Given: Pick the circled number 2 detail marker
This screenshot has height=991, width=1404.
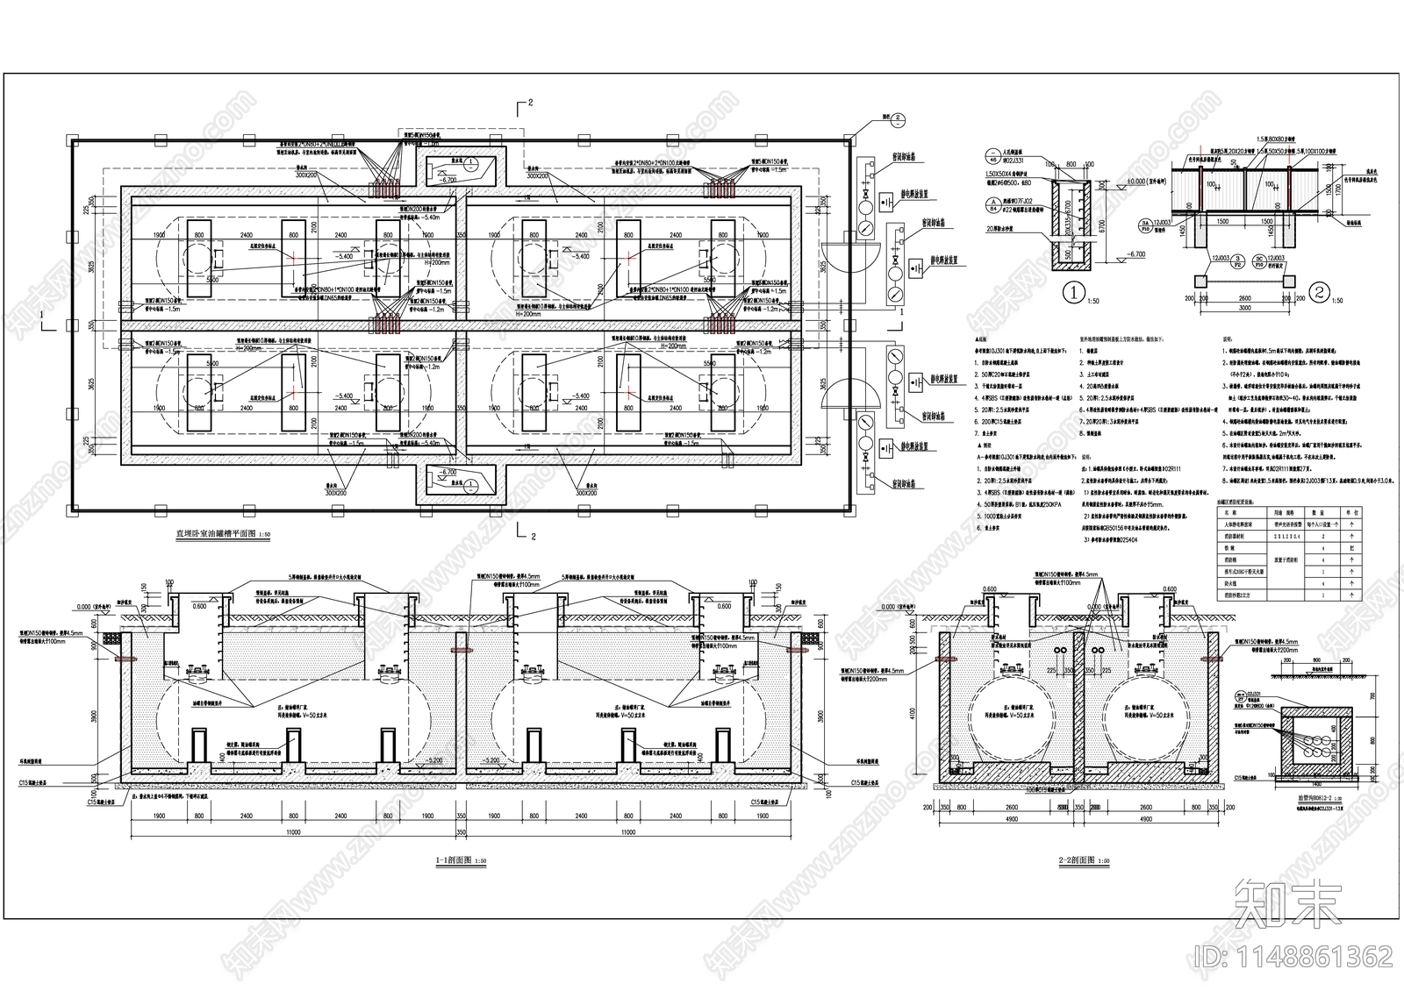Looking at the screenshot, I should (x=1317, y=290).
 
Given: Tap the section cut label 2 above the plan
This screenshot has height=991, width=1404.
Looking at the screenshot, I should (x=529, y=103).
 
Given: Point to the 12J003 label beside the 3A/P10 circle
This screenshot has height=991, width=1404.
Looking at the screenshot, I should (x=1200, y=225).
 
